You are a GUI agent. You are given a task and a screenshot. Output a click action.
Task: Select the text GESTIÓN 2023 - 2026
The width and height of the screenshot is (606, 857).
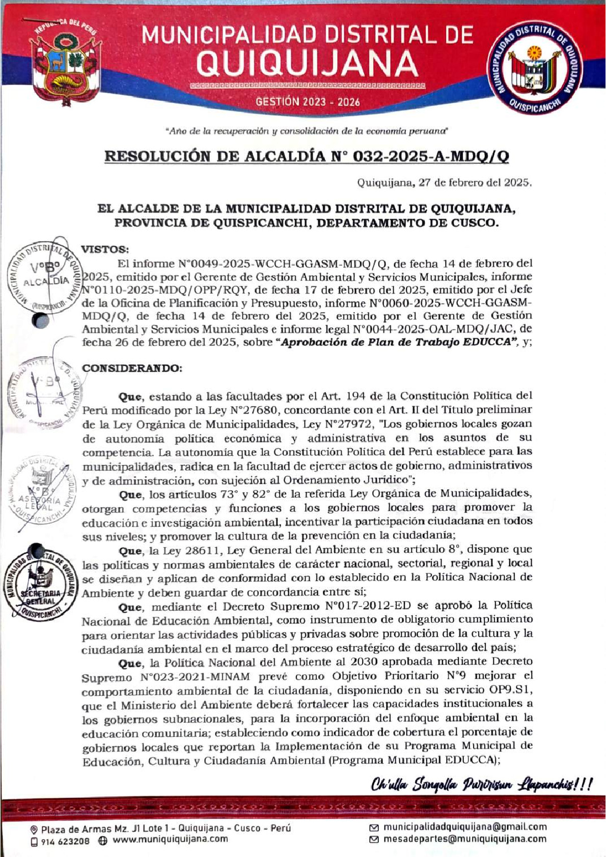click(308, 102)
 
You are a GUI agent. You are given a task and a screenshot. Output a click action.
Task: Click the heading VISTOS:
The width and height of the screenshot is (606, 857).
click(105, 249)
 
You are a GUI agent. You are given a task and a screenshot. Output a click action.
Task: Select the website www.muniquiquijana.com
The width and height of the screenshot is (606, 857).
click(170, 839)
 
